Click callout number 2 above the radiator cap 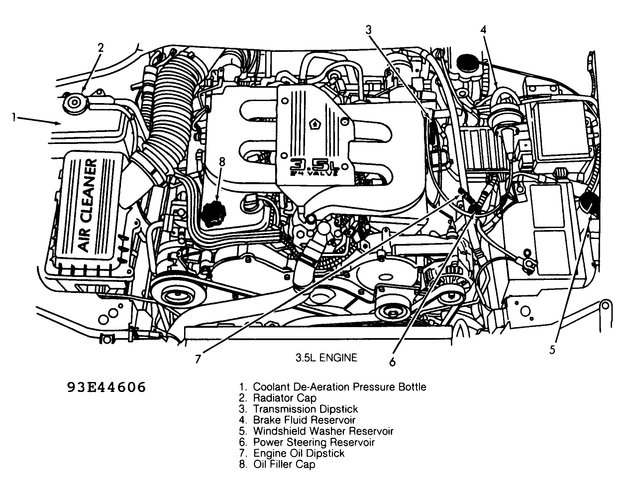[100, 48]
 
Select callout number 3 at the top [368, 30]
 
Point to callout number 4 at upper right [483, 30]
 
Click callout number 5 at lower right [552, 350]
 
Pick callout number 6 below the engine [392, 362]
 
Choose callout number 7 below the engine [198, 359]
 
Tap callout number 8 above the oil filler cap [222, 162]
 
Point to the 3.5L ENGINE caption [326, 358]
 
